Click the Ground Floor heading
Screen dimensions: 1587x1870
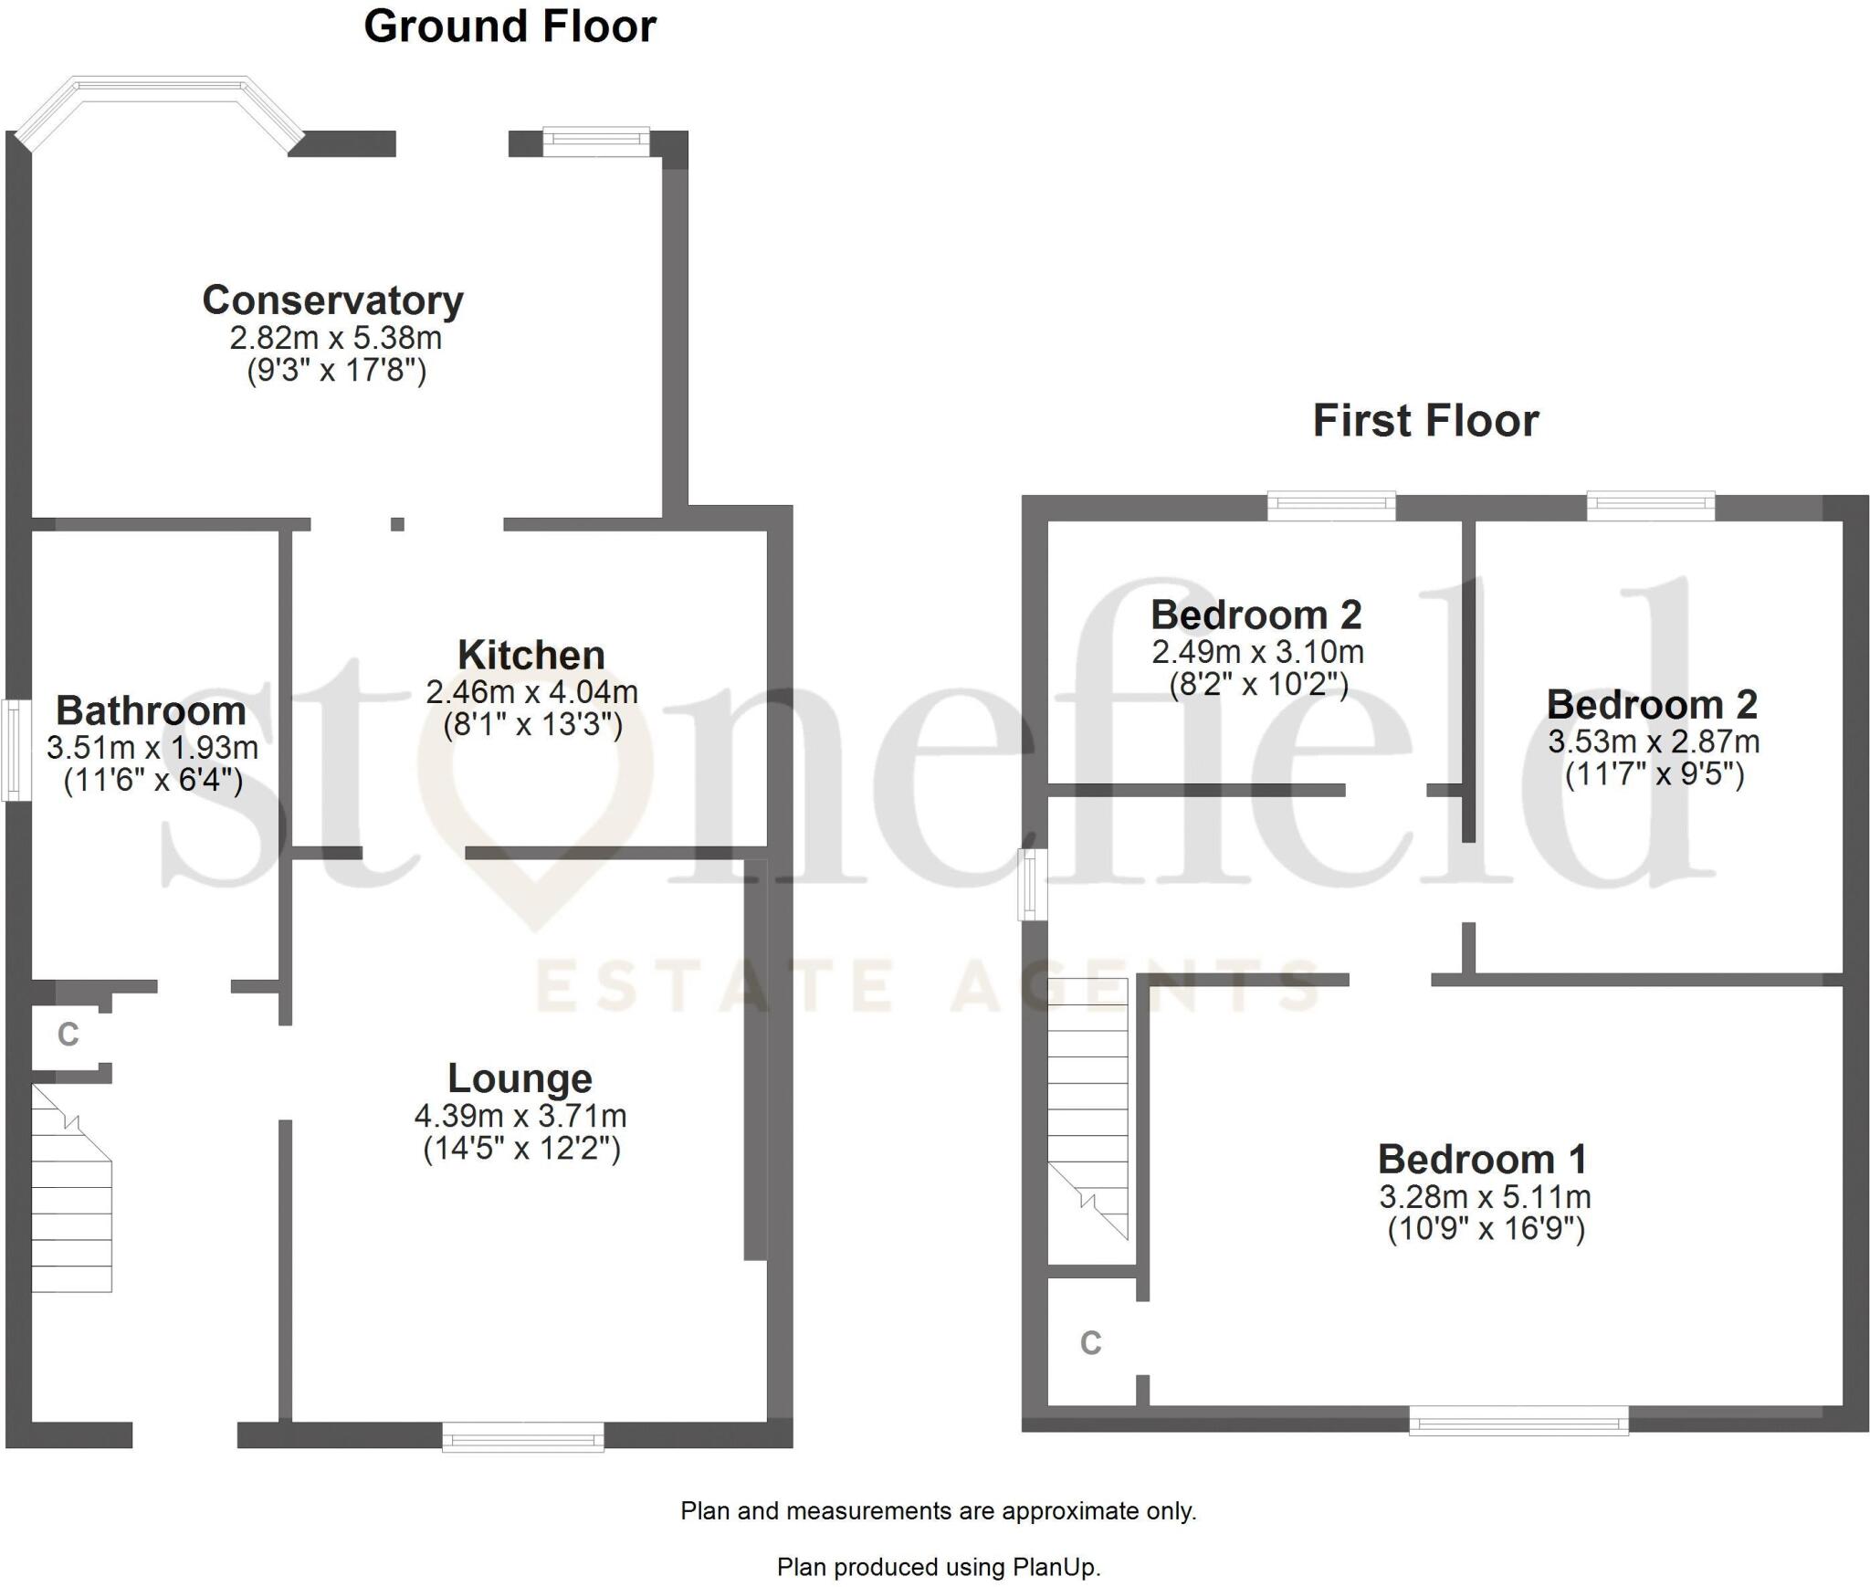(510, 26)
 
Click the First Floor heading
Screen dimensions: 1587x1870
(1425, 421)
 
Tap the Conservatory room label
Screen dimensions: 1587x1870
(332, 300)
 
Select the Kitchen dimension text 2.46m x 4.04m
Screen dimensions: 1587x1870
(531, 692)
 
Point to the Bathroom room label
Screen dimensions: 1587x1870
(151, 710)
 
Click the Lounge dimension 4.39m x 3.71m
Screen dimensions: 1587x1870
(520, 1116)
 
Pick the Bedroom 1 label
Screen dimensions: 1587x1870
(1483, 1160)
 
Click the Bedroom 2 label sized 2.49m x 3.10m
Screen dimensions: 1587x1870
(1255, 615)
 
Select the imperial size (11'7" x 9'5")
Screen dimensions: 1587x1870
(1655, 775)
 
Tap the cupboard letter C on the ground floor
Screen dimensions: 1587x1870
(68, 1035)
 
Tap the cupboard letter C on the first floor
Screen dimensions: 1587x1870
(1090, 1343)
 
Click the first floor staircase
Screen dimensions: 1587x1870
(1087, 1109)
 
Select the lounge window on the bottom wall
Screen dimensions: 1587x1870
(523, 1436)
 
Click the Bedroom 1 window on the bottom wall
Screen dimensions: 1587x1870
(1518, 1421)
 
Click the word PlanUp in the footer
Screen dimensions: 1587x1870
(1056, 1568)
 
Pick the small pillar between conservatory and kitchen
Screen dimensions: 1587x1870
(397, 524)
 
